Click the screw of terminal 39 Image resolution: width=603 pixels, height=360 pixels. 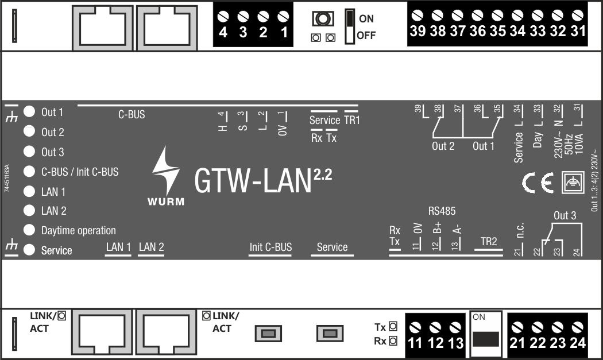418,16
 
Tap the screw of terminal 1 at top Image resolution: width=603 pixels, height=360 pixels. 283,17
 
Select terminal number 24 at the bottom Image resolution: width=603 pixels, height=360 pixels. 578,343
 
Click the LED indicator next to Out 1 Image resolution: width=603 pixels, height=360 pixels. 29,111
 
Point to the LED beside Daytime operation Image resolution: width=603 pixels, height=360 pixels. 29,230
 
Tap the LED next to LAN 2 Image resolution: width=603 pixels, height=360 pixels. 29,210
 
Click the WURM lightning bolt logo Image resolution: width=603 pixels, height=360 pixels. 166,171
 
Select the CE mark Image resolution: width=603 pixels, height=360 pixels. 538,183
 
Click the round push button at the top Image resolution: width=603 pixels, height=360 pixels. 323,18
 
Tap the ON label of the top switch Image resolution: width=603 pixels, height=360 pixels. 366,18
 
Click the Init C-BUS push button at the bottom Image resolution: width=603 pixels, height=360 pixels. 268,334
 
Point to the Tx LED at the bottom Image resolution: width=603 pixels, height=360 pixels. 393,327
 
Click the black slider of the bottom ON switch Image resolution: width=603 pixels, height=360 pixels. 486,339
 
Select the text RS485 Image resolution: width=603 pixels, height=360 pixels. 442,211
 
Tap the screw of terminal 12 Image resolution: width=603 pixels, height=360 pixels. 435,328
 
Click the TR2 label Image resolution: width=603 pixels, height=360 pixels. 488,242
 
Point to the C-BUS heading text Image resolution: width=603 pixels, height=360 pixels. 132,115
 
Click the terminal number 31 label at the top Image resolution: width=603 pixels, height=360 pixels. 578,31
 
